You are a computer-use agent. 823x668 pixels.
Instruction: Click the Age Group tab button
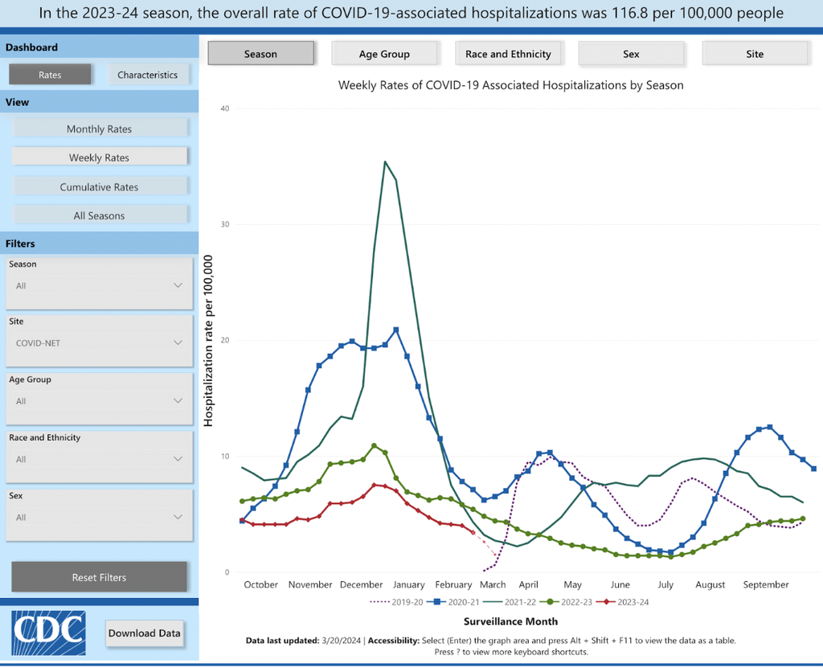click(x=384, y=54)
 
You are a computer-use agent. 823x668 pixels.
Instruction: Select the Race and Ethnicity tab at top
click(x=508, y=54)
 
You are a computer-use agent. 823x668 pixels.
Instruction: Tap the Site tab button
click(x=754, y=54)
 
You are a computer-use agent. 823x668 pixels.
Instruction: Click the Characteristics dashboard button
click(x=147, y=75)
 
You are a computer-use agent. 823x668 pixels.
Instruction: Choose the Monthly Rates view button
click(x=99, y=129)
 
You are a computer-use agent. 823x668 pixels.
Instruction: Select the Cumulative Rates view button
click(x=99, y=186)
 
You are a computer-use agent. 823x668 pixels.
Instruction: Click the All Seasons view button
click(x=99, y=215)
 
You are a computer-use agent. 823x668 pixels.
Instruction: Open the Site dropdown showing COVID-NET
click(x=99, y=343)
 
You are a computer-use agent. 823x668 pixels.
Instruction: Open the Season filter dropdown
click(x=99, y=285)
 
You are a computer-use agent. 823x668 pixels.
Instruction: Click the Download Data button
click(x=145, y=633)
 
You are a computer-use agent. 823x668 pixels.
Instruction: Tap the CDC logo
click(x=49, y=633)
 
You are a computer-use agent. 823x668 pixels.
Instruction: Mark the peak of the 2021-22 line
click(x=385, y=162)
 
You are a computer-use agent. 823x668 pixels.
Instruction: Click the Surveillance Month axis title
click(x=510, y=621)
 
